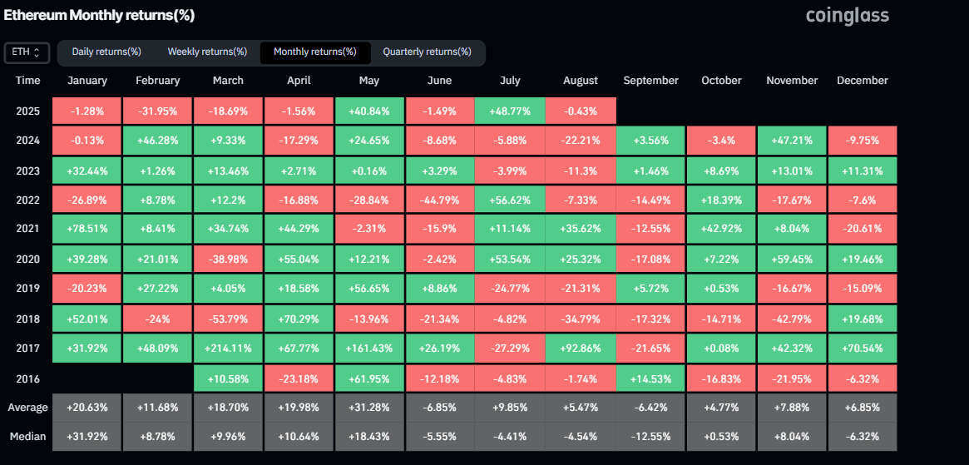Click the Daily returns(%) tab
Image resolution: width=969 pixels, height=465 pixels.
[x=106, y=52]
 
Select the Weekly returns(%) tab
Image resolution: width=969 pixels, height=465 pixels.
[x=207, y=52]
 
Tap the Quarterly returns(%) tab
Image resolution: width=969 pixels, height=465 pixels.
[x=427, y=52]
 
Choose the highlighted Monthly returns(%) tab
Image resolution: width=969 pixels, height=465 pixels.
[x=315, y=52]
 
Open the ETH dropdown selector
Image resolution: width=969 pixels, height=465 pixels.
[x=27, y=52]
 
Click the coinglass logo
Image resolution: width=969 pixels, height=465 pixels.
[x=847, y=15]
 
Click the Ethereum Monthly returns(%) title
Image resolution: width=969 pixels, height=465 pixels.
[x=99, y=15]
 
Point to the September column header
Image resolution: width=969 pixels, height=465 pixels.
[x=650, y=81]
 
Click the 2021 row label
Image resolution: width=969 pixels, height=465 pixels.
[x=27, y=229]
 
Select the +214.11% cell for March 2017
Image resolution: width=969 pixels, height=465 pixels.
[x=228, y=348]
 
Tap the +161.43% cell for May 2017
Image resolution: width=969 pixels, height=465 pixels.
[x=369, y=348]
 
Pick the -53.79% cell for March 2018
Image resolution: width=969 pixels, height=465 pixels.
[x=228, y=319]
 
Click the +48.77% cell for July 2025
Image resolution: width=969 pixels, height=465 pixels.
[x=510, y=111]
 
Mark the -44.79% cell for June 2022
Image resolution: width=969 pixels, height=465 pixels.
[x=439, y=200]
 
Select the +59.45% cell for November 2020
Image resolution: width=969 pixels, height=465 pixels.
[x=792, y=259]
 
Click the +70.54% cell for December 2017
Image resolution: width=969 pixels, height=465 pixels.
[x=863, y=348]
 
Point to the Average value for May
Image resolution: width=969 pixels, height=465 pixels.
[x=369, y=408]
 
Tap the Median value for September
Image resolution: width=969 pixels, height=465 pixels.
[x=650, y=437]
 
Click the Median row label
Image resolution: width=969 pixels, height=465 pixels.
[x=27, y=437]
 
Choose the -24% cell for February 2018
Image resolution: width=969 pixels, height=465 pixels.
[x=157, y=319]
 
